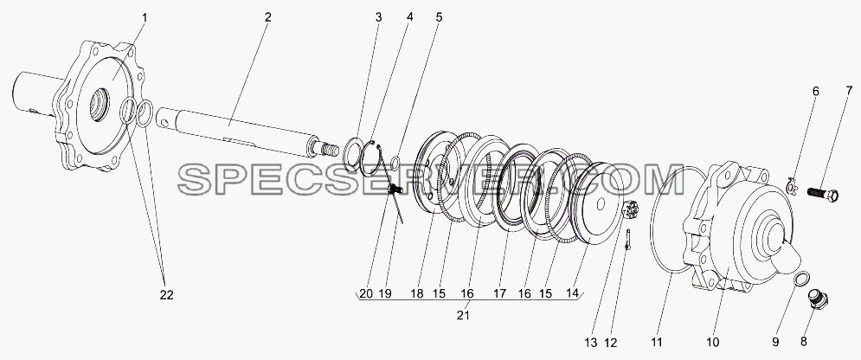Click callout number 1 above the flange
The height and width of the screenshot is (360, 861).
(x=145, y=18)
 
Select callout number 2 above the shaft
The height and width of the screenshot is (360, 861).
(x=267, y=17)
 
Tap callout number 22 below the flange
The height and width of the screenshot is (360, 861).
(x=166, y=295)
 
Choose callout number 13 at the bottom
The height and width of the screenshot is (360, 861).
(x=591, y=343)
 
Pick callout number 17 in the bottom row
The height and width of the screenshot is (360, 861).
(x=499, y=293)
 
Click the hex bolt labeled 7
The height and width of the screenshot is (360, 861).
(x=822, y=194)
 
